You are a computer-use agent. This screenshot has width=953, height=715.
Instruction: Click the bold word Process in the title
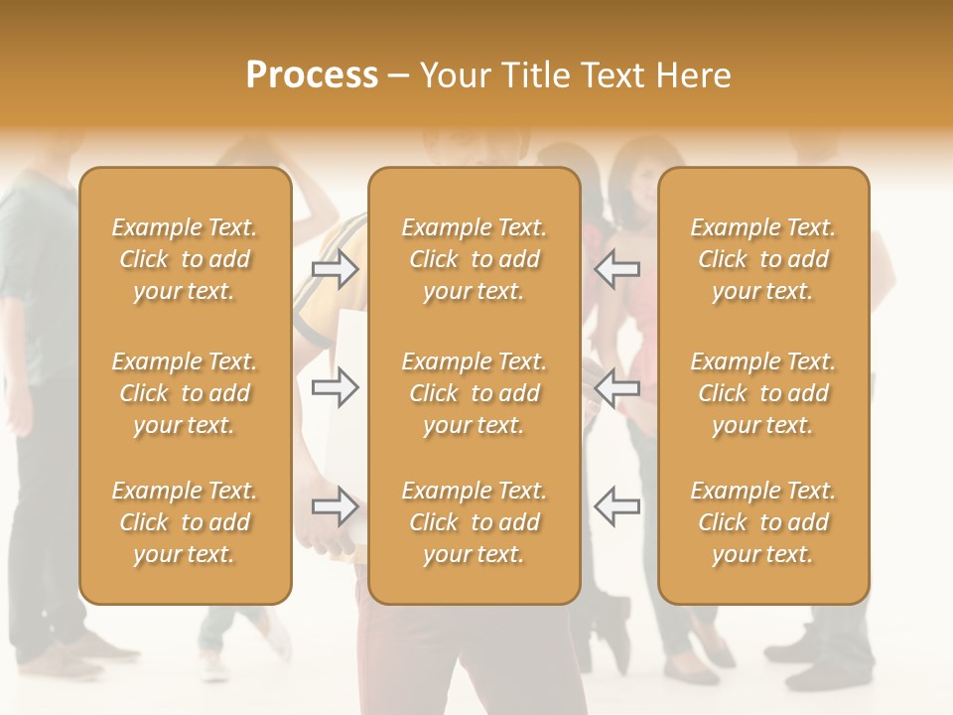(x=312, y=75)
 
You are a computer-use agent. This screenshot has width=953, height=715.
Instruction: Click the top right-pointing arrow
(x=336, y=268)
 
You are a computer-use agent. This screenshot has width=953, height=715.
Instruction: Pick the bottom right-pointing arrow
(x=336, y=505)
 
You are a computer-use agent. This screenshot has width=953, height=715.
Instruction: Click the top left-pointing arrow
(x=616, y=268)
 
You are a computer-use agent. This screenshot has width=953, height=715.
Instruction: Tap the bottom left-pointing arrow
(x=616, y=505)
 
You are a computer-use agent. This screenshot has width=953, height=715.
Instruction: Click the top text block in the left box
(x=185, y=259)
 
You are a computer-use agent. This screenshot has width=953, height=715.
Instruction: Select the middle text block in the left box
(x=185, y=393)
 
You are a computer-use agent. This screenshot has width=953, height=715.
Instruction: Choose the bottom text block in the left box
(x=185, y=522)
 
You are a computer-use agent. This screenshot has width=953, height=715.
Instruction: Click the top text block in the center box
(x=474, y=259)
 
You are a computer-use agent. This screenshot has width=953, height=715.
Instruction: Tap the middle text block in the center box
(x=474, y=393)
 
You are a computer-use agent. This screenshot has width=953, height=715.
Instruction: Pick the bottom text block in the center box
(x=474, y=522)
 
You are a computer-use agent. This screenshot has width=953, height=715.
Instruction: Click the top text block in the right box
(x=762, y=259)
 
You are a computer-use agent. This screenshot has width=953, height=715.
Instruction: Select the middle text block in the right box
(x=762, y=393)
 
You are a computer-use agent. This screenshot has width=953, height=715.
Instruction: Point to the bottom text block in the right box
(x=762, y=522)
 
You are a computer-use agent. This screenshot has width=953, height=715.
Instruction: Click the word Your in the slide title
(x=453, y=75)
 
